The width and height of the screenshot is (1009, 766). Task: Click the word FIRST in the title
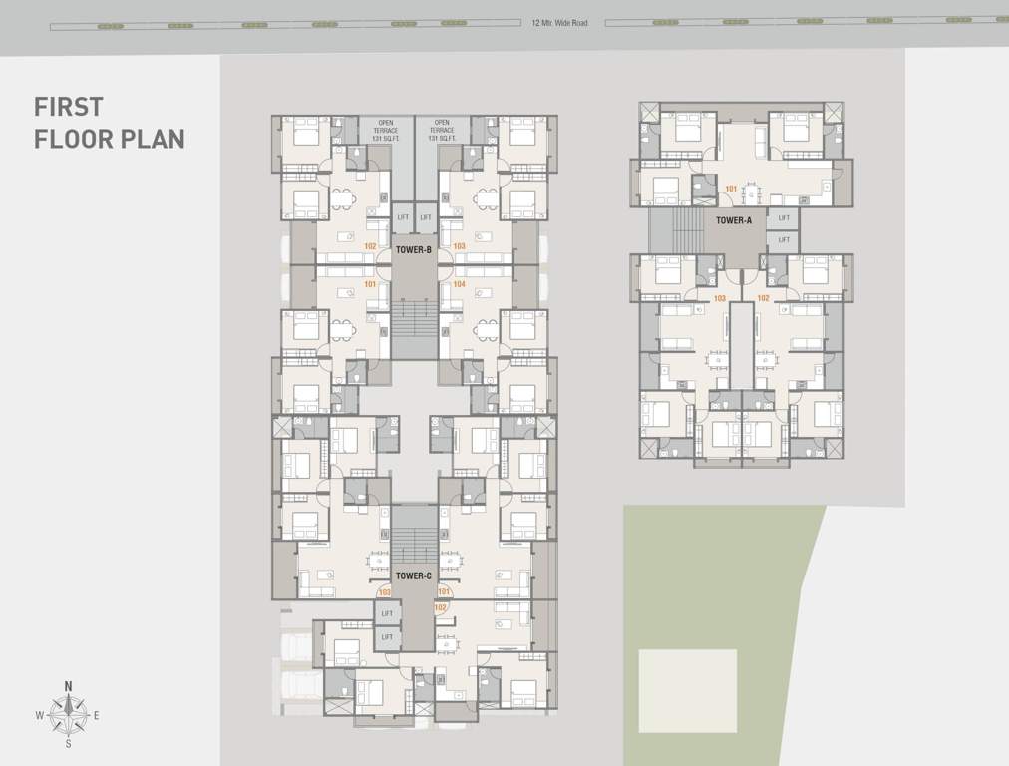[x=69, y=107]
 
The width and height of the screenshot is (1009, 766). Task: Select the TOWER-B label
[x=414, y=250]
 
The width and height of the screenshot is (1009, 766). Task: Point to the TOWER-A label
[x=734, y=220]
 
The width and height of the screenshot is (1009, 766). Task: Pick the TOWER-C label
[x=413, y=575]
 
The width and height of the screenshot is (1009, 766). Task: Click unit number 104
[x=459, y=284]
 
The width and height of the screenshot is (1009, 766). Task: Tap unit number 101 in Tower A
[x=731, y=188]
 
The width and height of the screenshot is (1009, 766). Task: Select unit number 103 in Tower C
[x=384, y=592]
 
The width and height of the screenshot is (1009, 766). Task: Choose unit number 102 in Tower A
[x=763, y=298]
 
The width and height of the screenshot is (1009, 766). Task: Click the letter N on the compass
[x=68, y=686]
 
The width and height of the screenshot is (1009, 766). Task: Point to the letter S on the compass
[x=68, y=743]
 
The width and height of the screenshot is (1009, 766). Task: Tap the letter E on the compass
[x=97, y=715]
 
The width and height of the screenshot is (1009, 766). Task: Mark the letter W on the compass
[x=39, y=715]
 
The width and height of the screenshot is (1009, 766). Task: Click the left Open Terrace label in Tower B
[x=385, y=131]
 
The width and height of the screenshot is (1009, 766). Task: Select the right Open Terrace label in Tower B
[x=443, y=131]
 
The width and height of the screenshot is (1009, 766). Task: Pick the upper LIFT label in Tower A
[x=784, y=218]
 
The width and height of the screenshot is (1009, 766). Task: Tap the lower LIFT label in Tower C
[x=387, y=637]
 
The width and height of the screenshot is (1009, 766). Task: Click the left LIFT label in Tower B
[x=403, y=217]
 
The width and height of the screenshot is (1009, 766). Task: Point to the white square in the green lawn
[x=687, y=691]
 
